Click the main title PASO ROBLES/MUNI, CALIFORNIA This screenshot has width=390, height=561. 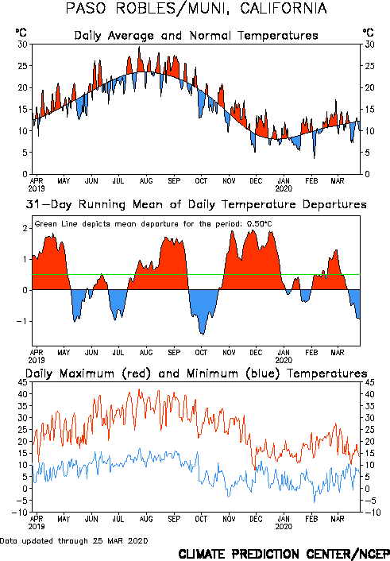click(196, 8)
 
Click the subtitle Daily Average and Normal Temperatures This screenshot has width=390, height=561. click(196, 36)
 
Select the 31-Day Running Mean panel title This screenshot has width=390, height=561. click(196, 204)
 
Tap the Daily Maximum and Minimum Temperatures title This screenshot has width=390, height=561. click(196, 373)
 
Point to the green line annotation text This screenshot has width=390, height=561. click(153, 224)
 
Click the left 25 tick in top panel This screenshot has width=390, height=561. click(22, 66)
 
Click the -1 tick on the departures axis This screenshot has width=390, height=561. click(22, 321)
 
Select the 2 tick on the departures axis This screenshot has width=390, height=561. click(25, 228)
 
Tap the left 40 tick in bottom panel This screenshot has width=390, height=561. click(22, 394)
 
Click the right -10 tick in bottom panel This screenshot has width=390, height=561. click(373, 513)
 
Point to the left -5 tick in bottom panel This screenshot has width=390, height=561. click(22, 501)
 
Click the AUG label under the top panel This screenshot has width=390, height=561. click(146, 181)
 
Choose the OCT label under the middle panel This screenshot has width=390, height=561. click(201, 353)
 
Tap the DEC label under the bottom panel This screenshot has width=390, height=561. click(256, 519)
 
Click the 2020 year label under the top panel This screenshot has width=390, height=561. click(284, 188)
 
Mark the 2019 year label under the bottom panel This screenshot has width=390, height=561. click(37, 527)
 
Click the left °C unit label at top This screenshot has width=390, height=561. click(21, 33)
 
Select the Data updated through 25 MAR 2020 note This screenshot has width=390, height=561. click(74, 541)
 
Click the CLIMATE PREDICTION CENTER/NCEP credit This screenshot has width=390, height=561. click(284, 554)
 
